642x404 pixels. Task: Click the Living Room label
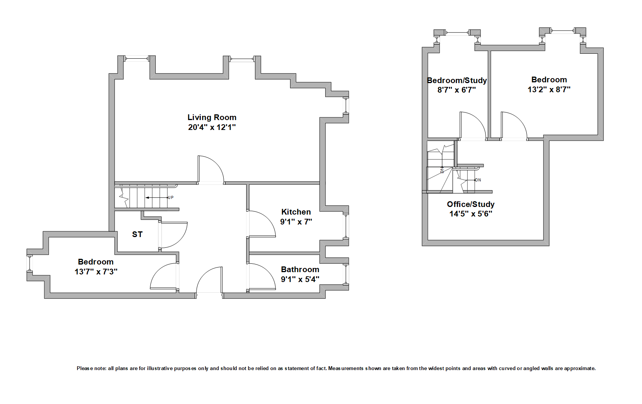tap(212, 117)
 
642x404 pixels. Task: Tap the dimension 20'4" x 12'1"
tap(212, 127)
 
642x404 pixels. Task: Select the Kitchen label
tap(296, 212)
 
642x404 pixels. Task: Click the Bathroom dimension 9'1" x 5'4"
tap(300, 279)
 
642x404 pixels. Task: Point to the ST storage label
tap(137, 234)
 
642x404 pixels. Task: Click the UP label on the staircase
tap(171, 197)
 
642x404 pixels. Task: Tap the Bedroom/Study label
tap(456, 80)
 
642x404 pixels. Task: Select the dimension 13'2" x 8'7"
tap(549, 90)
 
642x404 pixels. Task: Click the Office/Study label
tap(471, 204)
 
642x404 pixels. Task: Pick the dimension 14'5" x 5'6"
tap(471, 214)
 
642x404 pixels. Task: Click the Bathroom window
tap(347, 274)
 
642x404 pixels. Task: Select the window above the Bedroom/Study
tap(457, 34)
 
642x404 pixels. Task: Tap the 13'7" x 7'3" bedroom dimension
tap(96, 272)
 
